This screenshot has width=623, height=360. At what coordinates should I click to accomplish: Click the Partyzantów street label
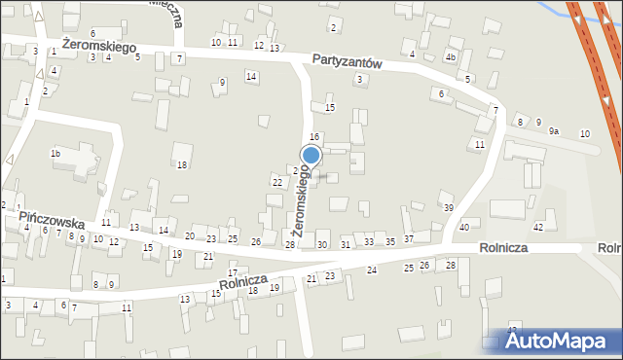[348, 60]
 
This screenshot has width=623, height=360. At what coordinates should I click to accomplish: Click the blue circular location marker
[311, 155]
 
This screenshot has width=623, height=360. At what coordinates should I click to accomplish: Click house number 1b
[55, 154]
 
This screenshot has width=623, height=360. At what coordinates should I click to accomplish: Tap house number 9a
[554, 130]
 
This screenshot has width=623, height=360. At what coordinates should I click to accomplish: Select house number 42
[537, 226]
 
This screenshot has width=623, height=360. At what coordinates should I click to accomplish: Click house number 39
[449, 208]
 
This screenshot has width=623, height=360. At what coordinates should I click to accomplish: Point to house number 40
[464, 227]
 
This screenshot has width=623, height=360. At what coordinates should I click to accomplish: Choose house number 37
[409, 239]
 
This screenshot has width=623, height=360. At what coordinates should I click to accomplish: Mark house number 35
[390, 240]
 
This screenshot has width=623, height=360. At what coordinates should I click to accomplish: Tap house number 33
[369, 240]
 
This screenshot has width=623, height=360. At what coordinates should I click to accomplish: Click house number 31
[346, 244]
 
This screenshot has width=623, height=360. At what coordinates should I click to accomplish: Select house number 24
[371, 270]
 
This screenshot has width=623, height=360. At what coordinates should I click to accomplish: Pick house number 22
[277, 183]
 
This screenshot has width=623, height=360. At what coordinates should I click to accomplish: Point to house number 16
[314, 136]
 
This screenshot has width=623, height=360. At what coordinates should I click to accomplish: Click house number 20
[190, 236]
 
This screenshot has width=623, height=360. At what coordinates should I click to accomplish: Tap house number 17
[232, 273]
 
